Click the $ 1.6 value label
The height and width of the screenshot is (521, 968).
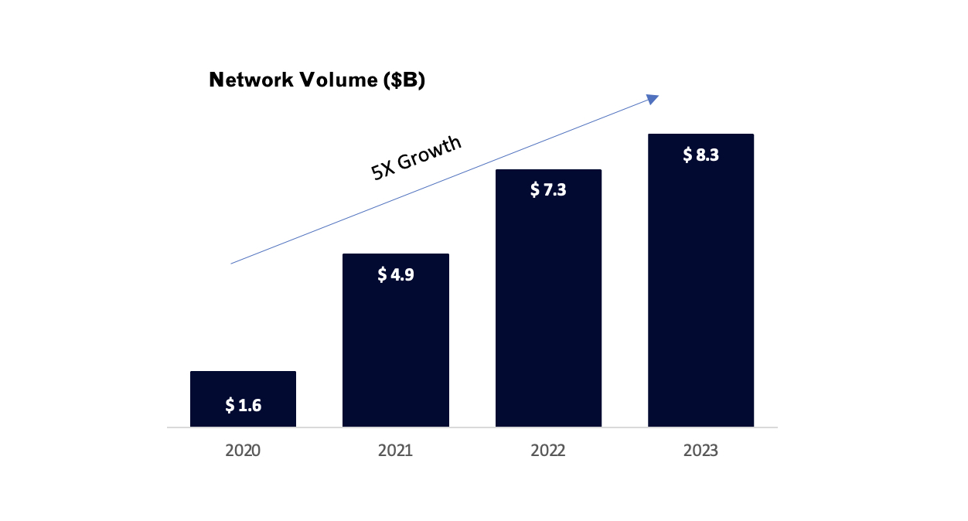tap(244, 405)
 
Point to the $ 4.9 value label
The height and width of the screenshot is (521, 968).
tap(396, 274)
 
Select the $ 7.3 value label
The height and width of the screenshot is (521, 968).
tap(548, 190)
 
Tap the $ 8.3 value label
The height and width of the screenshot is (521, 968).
tap(700, 155)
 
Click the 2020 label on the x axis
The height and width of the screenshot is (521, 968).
tap(243, 451)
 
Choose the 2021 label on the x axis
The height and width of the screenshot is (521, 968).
tap(395, 451)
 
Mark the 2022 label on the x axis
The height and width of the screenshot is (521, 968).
tap(548, 451)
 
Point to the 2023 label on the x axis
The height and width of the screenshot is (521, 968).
tap(700, 451)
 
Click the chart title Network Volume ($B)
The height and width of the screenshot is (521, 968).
tap(317, 80)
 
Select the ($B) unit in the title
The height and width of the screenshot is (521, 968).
tap(403, 80)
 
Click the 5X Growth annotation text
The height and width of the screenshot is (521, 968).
tap(417, 158)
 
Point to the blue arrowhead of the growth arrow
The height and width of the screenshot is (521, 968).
tap(653, 98)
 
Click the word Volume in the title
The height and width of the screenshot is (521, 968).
tap(338, 80)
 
